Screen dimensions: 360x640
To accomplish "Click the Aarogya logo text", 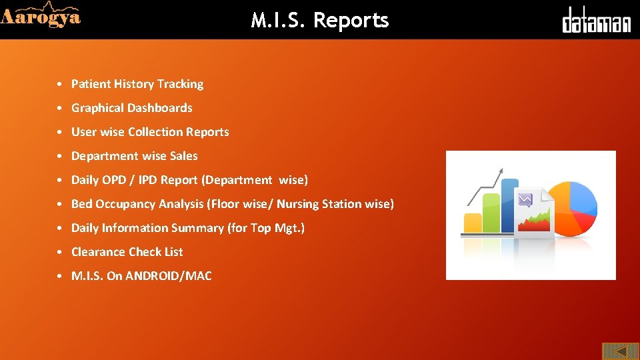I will [x=41, y=17].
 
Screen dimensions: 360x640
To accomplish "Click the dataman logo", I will [x=596, y=21].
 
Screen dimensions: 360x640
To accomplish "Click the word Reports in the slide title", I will [x=351, y=21].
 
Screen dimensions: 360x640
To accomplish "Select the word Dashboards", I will [x=160, y=108].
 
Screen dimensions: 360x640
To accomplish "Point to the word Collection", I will [x=155, y=132].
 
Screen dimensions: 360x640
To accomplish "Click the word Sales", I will [x=184, y=156].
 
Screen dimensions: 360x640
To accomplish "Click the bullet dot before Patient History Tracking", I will [x=60, y=85].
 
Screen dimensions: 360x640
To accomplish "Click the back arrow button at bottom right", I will [x=621, y=351].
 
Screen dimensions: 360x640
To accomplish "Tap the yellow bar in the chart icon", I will [x=473, y=223].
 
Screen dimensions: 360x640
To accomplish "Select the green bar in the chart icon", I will [x=491, y=213].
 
